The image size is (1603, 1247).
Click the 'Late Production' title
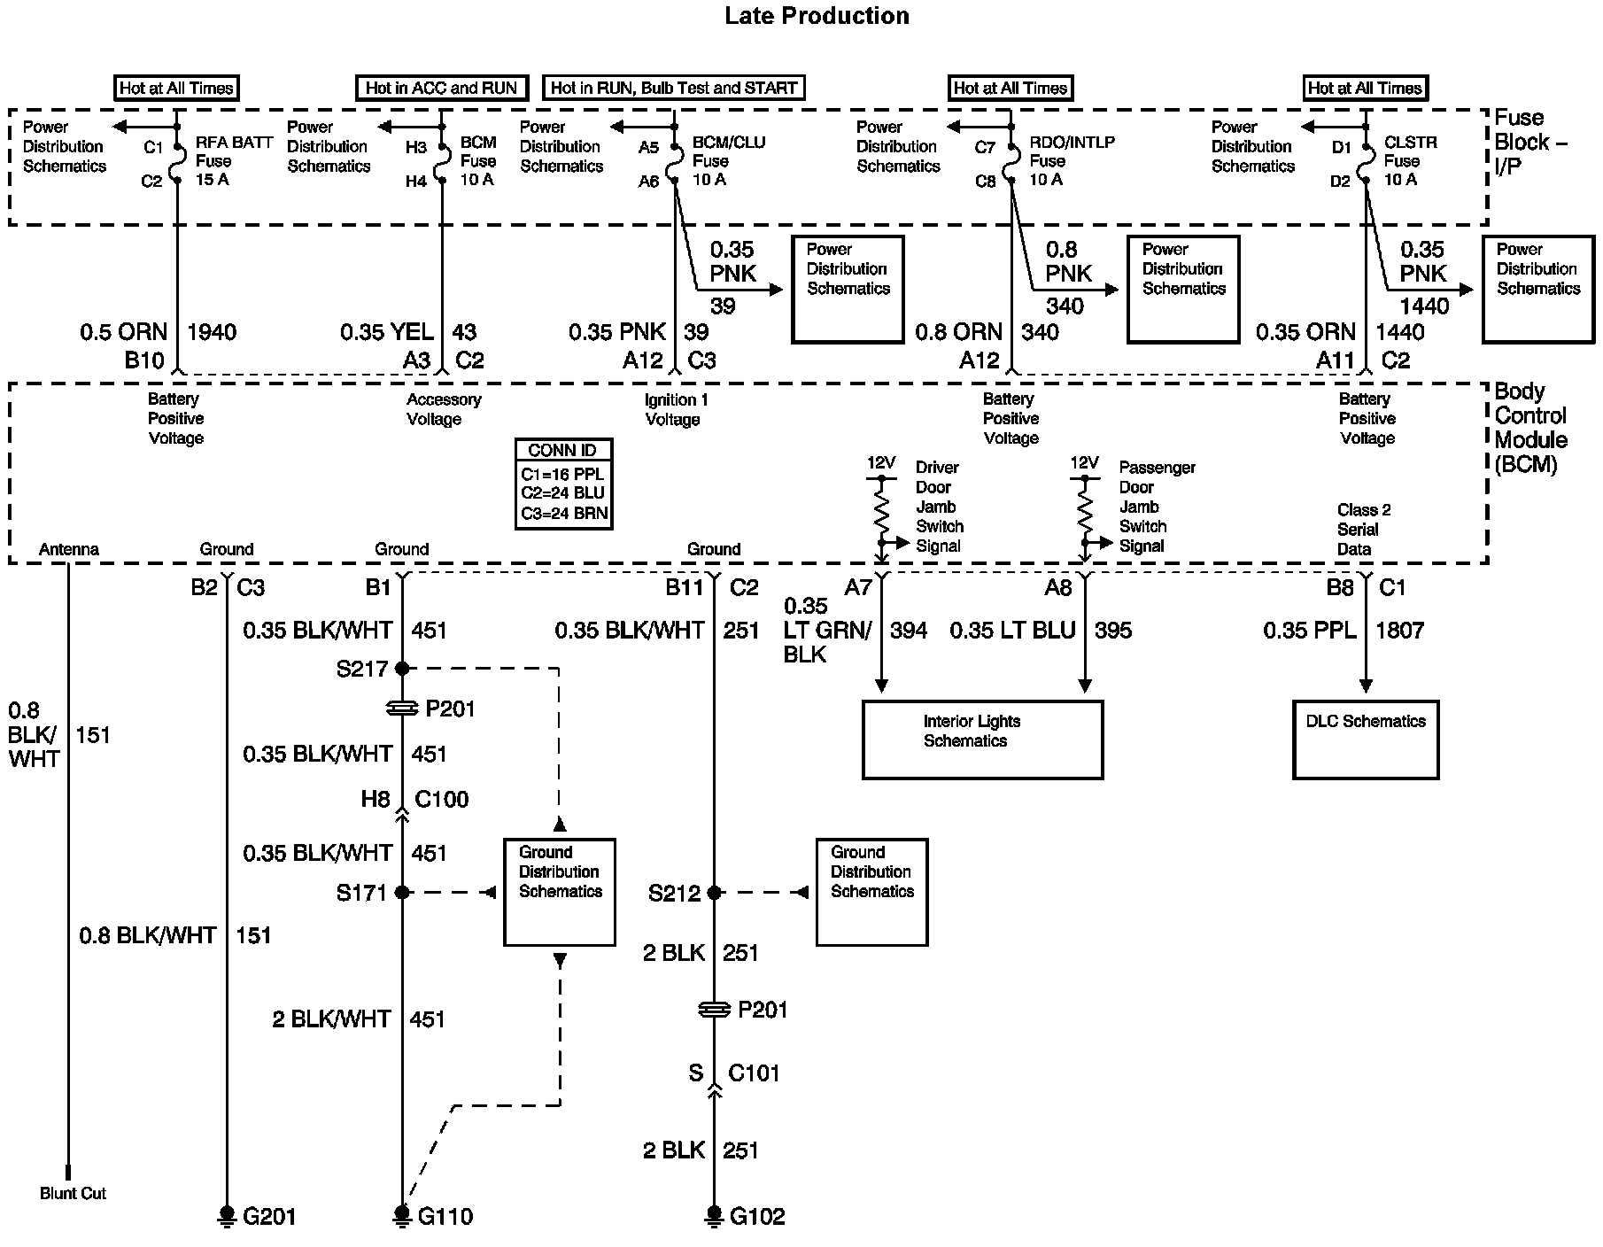pos(817,16)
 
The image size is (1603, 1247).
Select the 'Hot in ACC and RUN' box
pos(441,88)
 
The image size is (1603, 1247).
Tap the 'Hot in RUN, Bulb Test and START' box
pos(673,88)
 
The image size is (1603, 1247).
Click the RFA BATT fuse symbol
pos(177,160)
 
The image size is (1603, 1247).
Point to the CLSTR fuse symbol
pos(1365,160)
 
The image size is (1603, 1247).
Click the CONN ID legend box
pos(563,484)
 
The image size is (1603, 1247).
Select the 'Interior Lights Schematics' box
pos(982,740)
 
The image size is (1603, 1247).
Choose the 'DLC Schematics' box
pos(1365,740)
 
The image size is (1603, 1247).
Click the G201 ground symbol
pos(228,1214)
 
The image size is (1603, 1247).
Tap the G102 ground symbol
pos(714,1214)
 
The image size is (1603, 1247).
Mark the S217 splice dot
pos(402,669)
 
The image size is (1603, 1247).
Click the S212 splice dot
pos(714,893)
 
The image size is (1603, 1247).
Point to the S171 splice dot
pos(402,893)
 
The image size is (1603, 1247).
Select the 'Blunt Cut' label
pos(73,1193)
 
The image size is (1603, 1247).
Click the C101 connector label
pos(754,1073)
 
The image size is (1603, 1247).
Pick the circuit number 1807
pos(1399,631)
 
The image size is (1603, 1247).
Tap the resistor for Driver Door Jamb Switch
pos(881,510)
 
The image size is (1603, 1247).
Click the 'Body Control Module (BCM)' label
pos(1530,427)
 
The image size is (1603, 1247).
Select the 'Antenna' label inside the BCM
pos(69,549)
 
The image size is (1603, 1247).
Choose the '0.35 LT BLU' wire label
pos(1012,631)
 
